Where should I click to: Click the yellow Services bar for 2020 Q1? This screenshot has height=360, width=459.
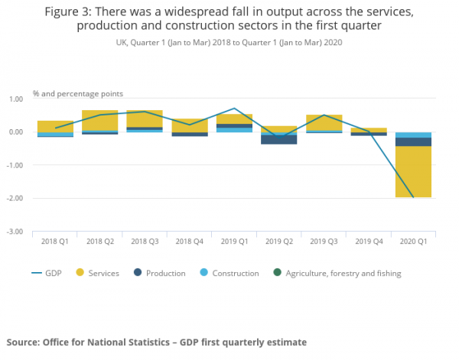coord(413,171)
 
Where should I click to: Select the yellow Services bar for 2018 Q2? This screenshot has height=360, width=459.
coord(99,120)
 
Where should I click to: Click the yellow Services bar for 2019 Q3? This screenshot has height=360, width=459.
coord(324,122)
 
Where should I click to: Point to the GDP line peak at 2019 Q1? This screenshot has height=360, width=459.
coord(235,109)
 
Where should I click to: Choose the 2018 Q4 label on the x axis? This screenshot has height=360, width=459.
coord(190,242)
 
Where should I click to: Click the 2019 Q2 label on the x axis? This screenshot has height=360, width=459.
coord(280,242)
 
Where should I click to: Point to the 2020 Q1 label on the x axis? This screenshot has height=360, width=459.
coord(413,242)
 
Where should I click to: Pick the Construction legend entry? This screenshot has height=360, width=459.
coord(230,273)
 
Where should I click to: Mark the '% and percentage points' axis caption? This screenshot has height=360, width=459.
coord(77,93)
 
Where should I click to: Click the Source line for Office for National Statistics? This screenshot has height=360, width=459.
coord(157,340)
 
